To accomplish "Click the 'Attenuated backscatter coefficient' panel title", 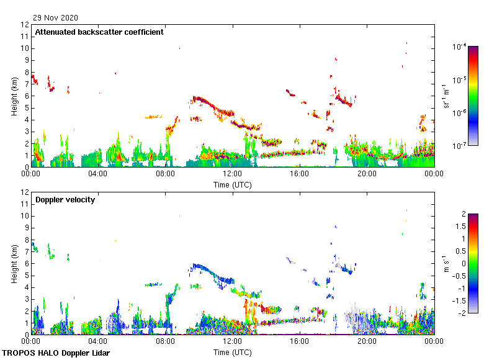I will click(x=99, y=32).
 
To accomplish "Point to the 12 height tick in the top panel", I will click(x=25, y=25).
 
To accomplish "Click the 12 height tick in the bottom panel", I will click(x=25, y=192).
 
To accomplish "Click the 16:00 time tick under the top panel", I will click(x=300, y=174).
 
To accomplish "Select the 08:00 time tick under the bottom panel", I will click(x=165, y=342).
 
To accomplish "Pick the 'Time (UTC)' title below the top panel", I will click(x=233, y=184).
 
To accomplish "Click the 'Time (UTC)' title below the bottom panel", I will click(x=233, y=352).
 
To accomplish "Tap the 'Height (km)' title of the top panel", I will click(x=14, y=96).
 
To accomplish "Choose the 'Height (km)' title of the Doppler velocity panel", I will click(x=14, y=264).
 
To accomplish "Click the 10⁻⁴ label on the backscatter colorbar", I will click(x=460, y=47).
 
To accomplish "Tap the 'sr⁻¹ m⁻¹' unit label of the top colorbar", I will click(x=447, y=96).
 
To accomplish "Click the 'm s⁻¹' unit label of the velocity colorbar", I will click(x=447, y=264).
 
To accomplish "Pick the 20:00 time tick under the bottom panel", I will click(x=367, y=342).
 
